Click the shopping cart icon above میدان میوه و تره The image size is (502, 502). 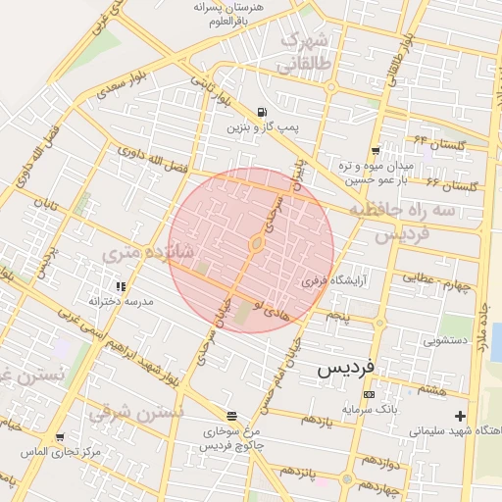coord(376,150)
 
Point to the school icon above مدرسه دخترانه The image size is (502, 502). coord(120,286)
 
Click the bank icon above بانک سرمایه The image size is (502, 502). coord(368,394)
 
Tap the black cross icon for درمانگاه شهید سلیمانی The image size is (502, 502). coord(460,415)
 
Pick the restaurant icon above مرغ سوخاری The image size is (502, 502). coord(231,415)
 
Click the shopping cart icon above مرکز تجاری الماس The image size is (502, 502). coord(60,436)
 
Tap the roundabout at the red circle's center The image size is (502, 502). coord(256,242)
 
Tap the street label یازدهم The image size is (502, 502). coord(318,420)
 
